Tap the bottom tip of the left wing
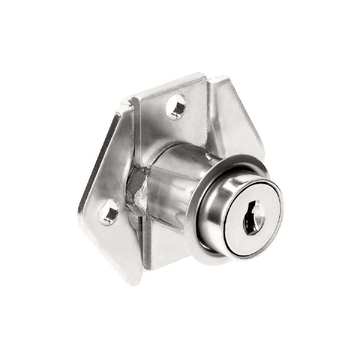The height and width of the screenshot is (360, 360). (x=135, y=281)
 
